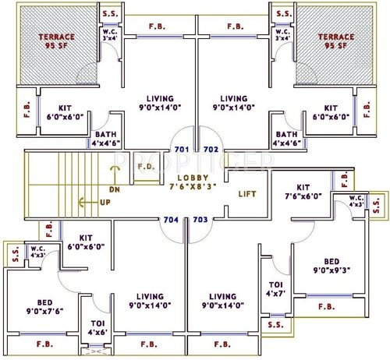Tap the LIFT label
[x=247, y=193]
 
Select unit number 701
[x=183, y=148]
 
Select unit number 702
[x=210, y=148]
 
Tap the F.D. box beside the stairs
[x=146, y=166]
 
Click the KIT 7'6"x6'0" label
[x=303, y=192]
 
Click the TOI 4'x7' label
[x=275, y=289]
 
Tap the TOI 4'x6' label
[x=97, y=327]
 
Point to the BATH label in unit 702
[x=285, y=138]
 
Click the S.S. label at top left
[x=108, y=13]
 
